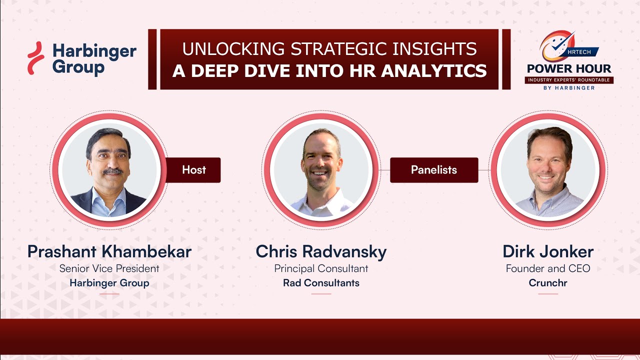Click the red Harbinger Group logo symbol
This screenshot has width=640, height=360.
(x=35, y=58)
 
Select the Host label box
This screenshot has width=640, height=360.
(x=193, y=170)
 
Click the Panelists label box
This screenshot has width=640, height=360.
(x=433, y=170)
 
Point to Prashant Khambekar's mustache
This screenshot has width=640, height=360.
(x=113, y=171)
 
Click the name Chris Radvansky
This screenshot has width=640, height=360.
(x=321, y=251)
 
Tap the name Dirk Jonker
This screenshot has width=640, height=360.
(x=548, y=251)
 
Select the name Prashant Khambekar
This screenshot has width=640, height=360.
(x=109, y=251)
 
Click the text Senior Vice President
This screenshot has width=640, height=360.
(x=109, y=268)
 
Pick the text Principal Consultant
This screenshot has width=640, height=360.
(x=321, y=268)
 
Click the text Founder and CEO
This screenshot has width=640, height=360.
(x=548, y=268)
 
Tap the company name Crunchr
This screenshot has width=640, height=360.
(x=548, y=283)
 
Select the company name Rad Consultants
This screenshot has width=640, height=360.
(x=321, y=283)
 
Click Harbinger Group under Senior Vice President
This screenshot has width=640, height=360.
(x=109, y=283)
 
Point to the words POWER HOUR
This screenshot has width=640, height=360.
(x=569, y=68)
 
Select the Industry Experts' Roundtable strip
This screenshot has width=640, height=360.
(x=569, y=80)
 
